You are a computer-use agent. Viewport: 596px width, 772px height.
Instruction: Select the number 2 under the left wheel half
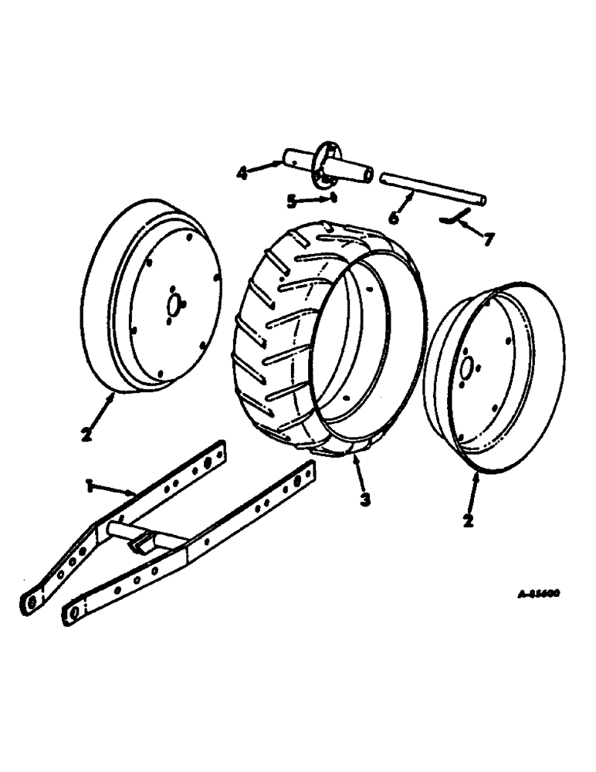point(86,434)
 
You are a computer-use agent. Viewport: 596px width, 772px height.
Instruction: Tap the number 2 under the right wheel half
point(468,520)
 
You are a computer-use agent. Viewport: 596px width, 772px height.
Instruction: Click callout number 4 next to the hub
point(242,173)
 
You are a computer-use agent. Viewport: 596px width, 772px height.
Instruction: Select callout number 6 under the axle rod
point(394,218)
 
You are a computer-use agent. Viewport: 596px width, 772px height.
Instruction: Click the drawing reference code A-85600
point(538,594)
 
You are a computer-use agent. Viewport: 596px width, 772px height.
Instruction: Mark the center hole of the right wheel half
point(466,364)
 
